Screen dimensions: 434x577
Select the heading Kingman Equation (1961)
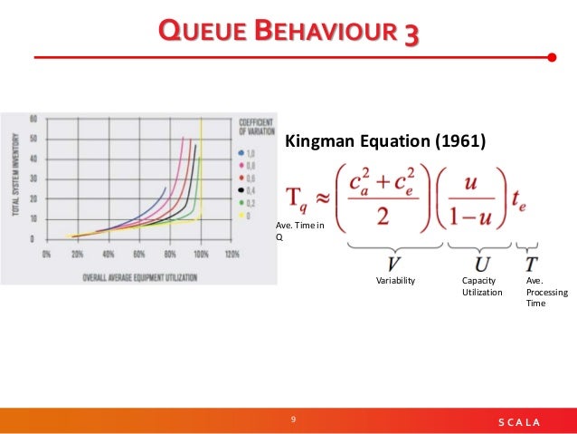pyautogui.click(x=385, y=141)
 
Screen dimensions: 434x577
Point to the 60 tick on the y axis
pyautogui.click(x=33, y=119)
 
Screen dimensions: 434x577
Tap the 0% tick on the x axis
pyautogui.click(x=46, y=255)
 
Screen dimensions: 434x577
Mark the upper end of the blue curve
pyautogui.click(x=166, y=188)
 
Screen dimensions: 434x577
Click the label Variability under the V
pyautogui.click(x=395, y=281)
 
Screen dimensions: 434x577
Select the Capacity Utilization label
pyautogui.click(x=481, y=286)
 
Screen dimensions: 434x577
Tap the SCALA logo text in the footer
pyautogui.click(x=519, y=422)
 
